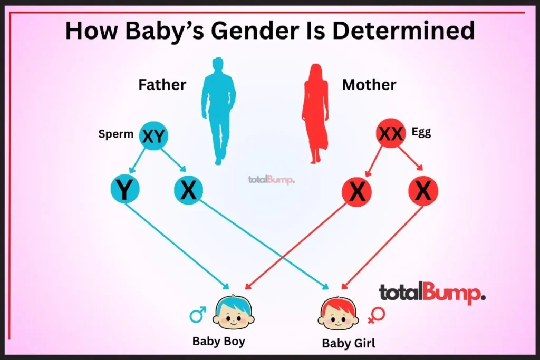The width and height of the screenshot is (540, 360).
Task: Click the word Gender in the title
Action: (255, 30)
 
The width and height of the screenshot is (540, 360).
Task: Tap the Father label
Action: (162, 85)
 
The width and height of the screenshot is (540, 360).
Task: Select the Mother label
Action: (369, 85)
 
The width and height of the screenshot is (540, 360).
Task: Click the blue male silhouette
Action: (218, 111)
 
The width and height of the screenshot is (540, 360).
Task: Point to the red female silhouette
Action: (315, 113)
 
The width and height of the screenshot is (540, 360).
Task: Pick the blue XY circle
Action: (153, 135)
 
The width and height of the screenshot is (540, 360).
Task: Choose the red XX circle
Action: (391, 133)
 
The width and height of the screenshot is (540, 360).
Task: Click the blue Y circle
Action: (125, 189)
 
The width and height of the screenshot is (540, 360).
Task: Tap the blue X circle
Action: (188, 190)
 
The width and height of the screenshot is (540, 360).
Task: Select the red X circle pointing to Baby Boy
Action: (357, 192)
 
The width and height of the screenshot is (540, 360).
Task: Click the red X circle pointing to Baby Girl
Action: (423, 191)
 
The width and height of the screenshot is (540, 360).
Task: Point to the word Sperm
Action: (115, 134)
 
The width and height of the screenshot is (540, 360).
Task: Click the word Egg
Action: (421, 132)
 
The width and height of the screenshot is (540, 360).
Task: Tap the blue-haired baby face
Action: (234, 313)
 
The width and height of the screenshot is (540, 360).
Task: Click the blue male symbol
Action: (198, 314)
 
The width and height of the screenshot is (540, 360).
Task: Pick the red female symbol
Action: (376, 315)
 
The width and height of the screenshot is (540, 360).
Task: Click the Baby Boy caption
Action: (219, 342)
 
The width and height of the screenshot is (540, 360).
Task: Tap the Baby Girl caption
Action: (349, 343)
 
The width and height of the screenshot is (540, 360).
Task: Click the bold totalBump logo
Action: (432, 293)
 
